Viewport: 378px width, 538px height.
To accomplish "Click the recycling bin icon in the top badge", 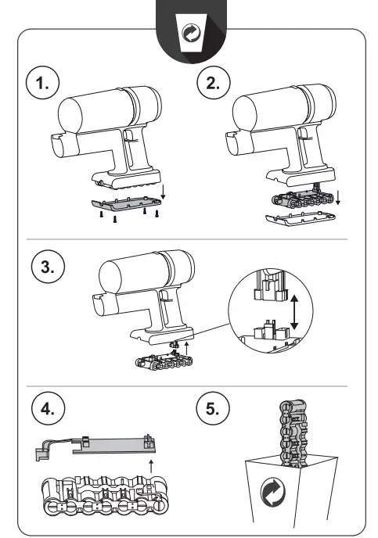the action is pyautogui.click(x=192, y=33).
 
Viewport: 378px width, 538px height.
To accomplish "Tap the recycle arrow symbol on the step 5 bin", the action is pyautogui.click(x=273, y=493).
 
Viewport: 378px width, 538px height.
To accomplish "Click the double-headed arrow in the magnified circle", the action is pyautogui.click(x=294, y=312).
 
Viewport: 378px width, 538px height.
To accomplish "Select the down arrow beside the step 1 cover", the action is pyautogui.click(x=164, y=192).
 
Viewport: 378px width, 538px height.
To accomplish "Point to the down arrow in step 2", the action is pyautogui.click(x=338, y=198).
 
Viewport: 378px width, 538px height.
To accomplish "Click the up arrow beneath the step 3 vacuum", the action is pyautogui.click(x=186, y=348).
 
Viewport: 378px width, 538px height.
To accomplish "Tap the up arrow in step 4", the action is pyautogui.click(x=151, y=467).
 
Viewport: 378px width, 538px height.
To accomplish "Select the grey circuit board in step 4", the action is pyautogui.click(x=113, y=445).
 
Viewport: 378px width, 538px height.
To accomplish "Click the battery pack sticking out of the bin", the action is pyautogui.click(x=293, y=433).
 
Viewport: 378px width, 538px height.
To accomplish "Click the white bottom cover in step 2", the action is pyautogui.click(x=301, y=219).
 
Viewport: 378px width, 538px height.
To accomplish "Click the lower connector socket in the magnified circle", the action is pyautogui.click(x=272, y=330).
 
